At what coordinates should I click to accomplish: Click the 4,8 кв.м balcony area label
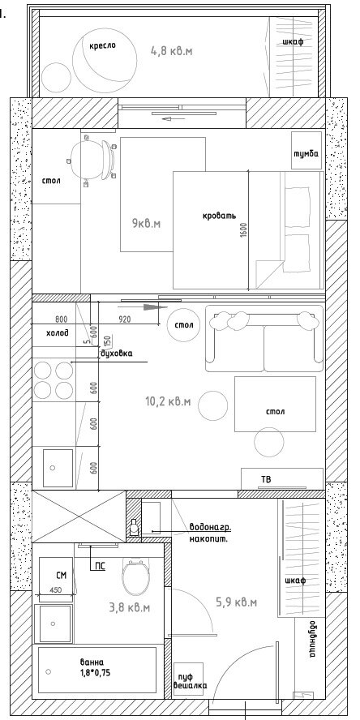(x=172, y=50)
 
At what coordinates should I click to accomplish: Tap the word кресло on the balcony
(x=102, y=46)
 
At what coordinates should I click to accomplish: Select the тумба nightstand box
(x=306, y=151)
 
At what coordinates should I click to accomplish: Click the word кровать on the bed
(x=219, y=216)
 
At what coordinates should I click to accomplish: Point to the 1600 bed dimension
(x=243, y=231)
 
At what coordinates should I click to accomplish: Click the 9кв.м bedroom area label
(x=147, y=224)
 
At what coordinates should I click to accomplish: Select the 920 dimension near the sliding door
(x=125, y=319)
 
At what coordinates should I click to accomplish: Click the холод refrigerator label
(x=58, y=332)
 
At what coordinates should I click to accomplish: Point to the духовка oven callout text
(x=116, y=354)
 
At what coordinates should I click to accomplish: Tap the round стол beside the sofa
(x=184, y=325)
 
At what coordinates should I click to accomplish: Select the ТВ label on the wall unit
(x=266, y=480)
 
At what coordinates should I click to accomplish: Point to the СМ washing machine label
(x=61, y=575)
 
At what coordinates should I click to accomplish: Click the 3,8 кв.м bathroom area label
(x=130, y=608)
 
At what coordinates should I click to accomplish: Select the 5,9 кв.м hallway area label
(x=236, y=602)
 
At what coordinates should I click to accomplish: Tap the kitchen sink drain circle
(x=53, y=468)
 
